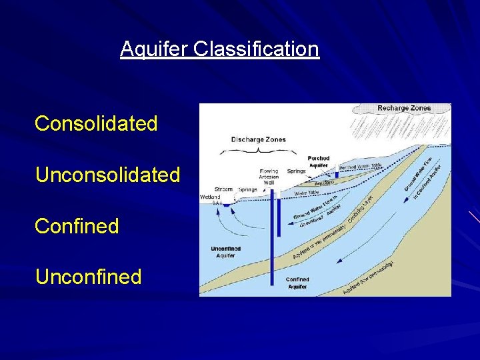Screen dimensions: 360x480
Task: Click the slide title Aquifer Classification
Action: coord(219,49)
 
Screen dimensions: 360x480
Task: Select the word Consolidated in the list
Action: coord(96,123)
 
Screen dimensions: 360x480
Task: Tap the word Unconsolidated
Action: coord(107,175)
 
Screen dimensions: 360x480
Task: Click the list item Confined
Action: coord(77,226)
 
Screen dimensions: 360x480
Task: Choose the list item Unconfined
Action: coord(88,277)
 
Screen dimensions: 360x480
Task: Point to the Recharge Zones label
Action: coord(404,108)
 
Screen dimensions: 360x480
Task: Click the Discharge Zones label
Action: coord(258,139)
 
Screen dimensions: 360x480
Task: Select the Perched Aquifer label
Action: coord(319,161)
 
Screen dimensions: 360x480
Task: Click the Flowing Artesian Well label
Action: coord(269,176)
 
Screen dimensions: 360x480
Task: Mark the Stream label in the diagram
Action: coord(223,189)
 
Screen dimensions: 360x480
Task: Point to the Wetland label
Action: coord(210,197)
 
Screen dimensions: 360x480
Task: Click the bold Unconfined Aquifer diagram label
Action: coord(225,252)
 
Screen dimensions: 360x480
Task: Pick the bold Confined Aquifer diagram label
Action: coord(297,283)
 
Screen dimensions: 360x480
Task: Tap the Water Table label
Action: coord(306,193)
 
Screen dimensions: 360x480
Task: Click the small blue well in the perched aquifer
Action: coord(337,174)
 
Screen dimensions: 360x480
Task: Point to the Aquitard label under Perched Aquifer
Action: coord(324,182)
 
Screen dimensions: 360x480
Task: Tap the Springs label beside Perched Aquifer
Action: coord(296,171)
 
